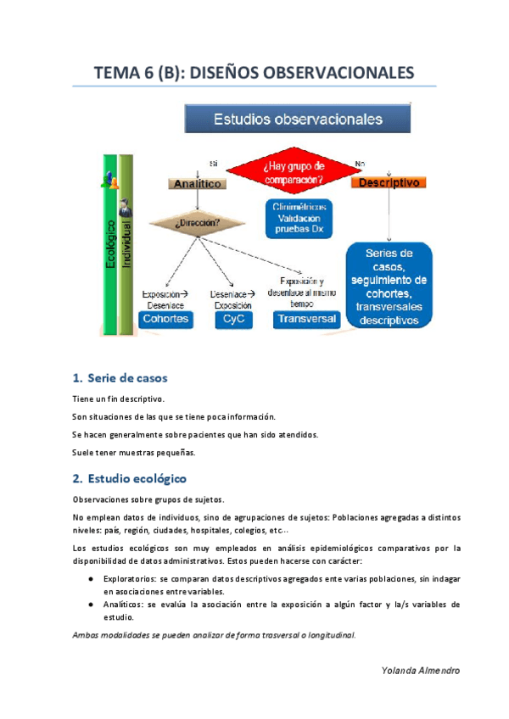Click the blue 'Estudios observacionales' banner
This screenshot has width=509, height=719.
point(298,119)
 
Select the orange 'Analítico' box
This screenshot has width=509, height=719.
point(198,183)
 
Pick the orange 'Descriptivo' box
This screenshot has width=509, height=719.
point(388,182)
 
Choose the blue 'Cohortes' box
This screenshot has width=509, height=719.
point(166,320)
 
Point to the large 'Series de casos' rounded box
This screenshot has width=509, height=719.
point(389,286)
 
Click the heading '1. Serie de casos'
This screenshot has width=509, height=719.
point(120,378)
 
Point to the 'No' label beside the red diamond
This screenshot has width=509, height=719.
point(360,164)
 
